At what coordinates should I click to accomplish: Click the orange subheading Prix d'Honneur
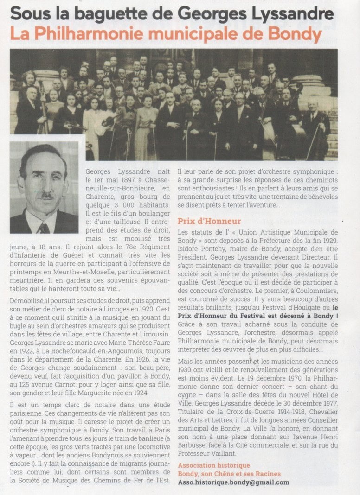[x=209, y=221]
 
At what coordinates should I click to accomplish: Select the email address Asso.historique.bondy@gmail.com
[x=233, y=482]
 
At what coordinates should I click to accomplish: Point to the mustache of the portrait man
[x=46, y=196]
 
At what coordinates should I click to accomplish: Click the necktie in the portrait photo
[x=44, y=228]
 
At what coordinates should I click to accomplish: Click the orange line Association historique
[x=214, y=465]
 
